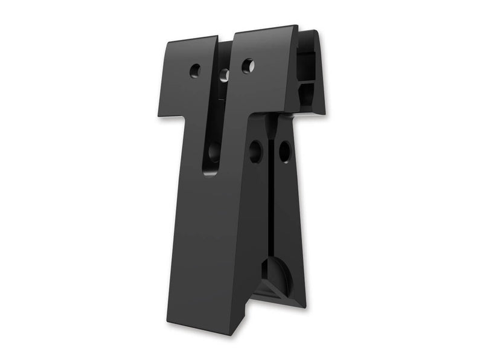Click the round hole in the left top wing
coord(194,70)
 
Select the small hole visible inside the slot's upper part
coord(224,75)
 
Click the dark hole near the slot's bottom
coord(214,151)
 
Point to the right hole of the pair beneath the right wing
coord(284,151)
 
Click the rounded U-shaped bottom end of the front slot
coord(211,171)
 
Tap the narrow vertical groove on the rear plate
coord(273,205)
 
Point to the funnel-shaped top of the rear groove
coord(270,124)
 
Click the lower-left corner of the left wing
coord(161,114)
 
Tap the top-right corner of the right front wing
coord(296,28)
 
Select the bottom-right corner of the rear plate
coord(304,307)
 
